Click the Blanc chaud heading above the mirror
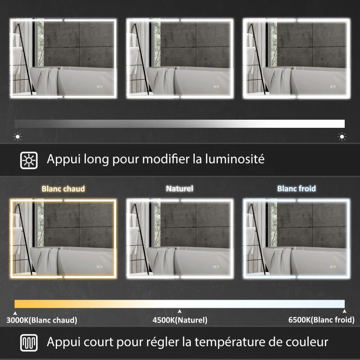(63, 189)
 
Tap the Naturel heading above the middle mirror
(180, 189)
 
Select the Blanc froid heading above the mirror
(297, 189)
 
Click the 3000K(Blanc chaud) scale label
(41, 320)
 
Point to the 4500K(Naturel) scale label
(180, 320)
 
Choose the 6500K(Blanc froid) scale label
(321, 320)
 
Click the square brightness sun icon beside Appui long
(29, 160)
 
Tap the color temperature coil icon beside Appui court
(29, 343)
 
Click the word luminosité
(234, 159)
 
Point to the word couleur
(307, 342)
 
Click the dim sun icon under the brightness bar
(18, 137)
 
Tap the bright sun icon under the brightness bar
(342, 137)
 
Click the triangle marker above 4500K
(180, 311)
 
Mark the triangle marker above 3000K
(15, 313)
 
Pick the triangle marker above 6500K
(344, 311)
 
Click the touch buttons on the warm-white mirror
(99, 266)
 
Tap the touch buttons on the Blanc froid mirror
(333, 266)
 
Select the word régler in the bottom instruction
(163, 342)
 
